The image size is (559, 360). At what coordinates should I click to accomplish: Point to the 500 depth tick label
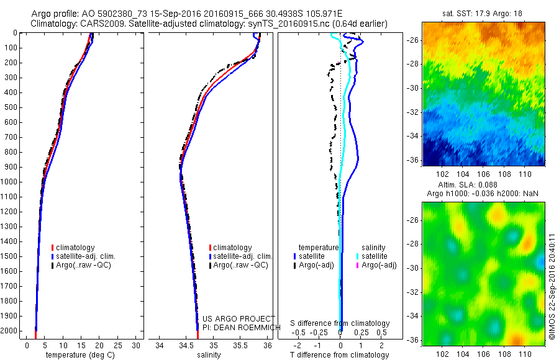pyautogui.click(x=9, y=107)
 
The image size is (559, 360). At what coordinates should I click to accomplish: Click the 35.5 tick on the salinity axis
pyautogui.click(x=240, y=344)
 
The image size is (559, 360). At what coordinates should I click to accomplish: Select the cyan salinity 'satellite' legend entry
pyautogui.click(x=375, y=256)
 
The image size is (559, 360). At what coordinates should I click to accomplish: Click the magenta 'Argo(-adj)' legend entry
pyautogui.click(x=379, y=265)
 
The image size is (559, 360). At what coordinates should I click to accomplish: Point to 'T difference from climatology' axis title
pyautogui.click(x=340, y=355)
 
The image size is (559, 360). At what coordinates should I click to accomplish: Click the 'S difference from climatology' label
pyautogui.click(x=340, y=323)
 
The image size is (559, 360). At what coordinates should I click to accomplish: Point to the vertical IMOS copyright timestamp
pyautogui.click(x=552, y=286)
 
